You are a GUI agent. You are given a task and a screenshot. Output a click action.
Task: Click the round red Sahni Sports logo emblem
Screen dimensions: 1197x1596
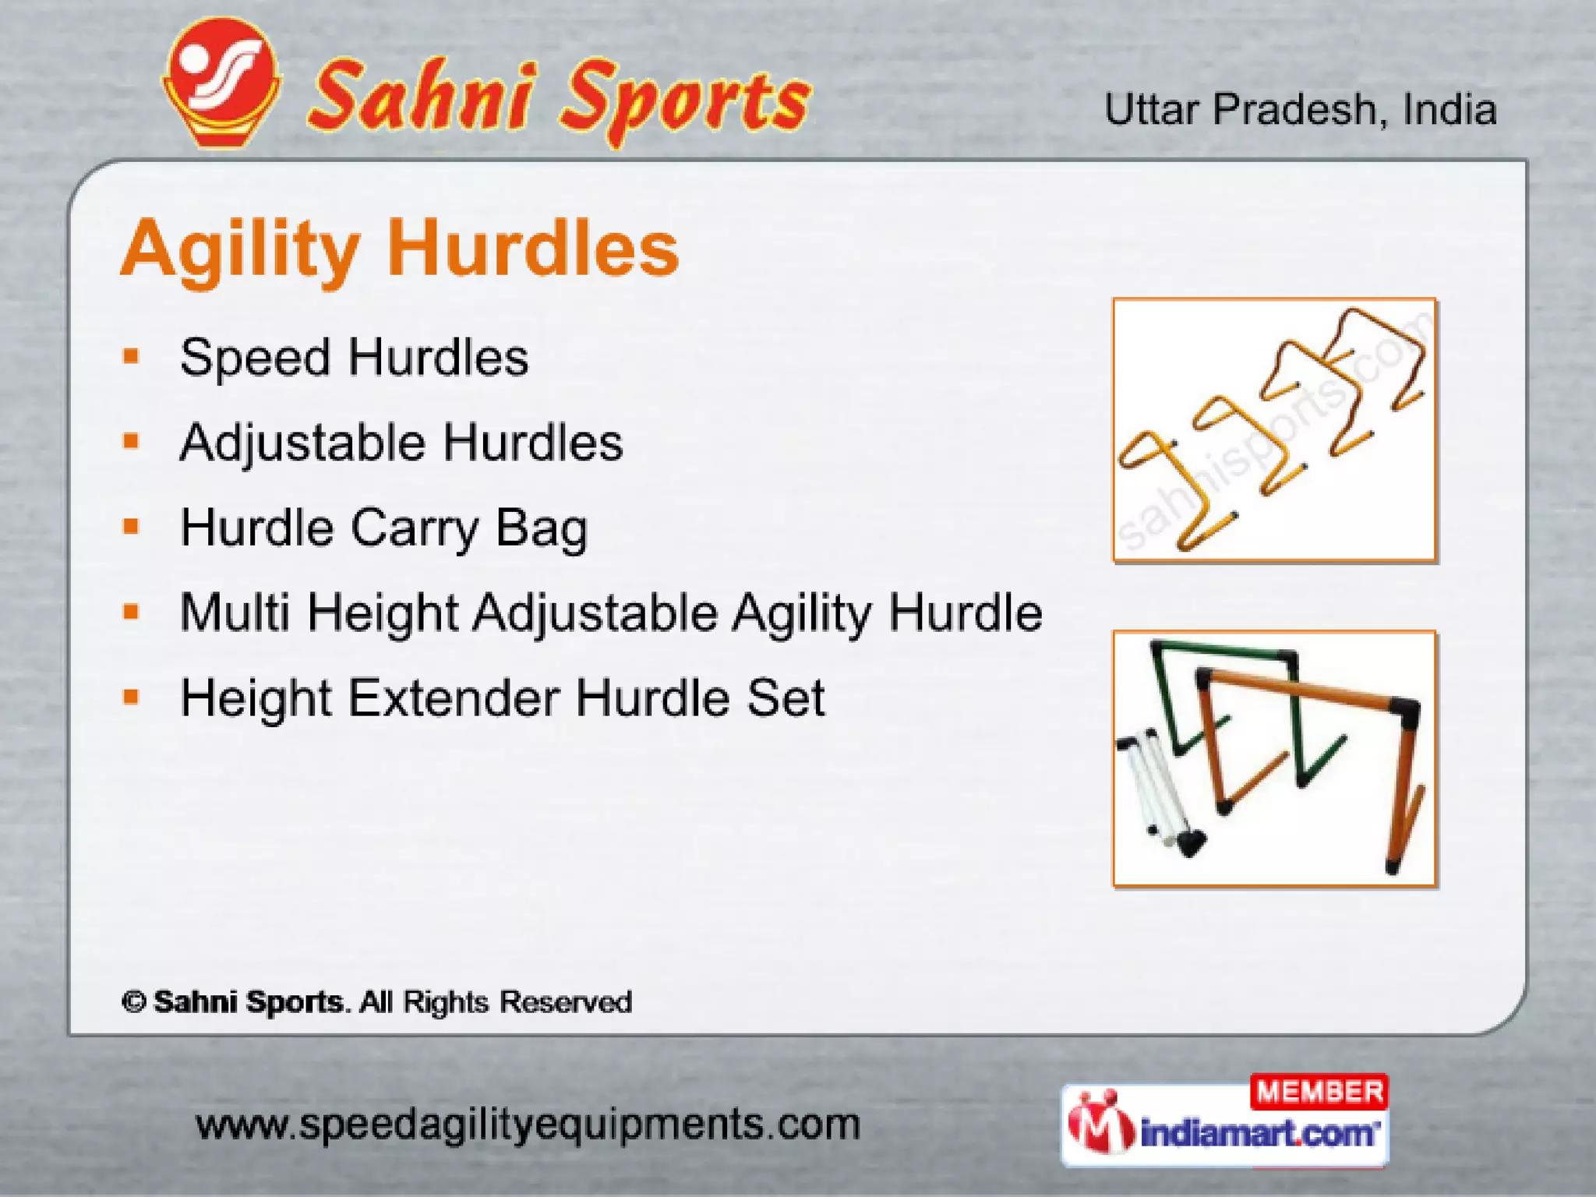point(222,82)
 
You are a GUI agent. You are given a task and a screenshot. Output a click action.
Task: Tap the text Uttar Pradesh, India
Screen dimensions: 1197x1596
point(1300,110)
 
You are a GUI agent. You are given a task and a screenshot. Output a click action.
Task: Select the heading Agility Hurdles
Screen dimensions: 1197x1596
point(400,248)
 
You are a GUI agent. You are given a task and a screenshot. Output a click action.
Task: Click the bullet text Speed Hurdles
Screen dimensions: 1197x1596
point(354,358)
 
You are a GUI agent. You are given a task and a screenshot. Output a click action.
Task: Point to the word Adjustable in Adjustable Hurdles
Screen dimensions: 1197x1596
point(302,443)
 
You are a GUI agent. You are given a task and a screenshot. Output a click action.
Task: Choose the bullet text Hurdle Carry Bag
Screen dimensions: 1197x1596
point(383,528)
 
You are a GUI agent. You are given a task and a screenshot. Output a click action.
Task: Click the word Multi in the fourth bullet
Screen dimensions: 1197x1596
point(235,612)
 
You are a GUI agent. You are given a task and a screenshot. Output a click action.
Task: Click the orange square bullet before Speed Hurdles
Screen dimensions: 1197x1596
point(131,358)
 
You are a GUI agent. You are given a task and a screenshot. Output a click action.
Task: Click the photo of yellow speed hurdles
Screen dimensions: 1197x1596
point(1274,429)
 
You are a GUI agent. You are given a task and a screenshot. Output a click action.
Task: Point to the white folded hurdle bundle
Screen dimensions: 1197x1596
point(1153,791)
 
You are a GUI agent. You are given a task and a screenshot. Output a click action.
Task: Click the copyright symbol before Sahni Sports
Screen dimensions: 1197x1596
point(134,1002)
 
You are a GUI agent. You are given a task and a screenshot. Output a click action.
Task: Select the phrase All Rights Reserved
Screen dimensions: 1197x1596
point(496,1002)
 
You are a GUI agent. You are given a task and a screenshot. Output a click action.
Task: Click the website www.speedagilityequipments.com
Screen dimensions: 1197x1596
point(528,1125)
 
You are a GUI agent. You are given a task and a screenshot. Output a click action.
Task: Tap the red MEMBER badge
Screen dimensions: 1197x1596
point(1319,1092)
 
